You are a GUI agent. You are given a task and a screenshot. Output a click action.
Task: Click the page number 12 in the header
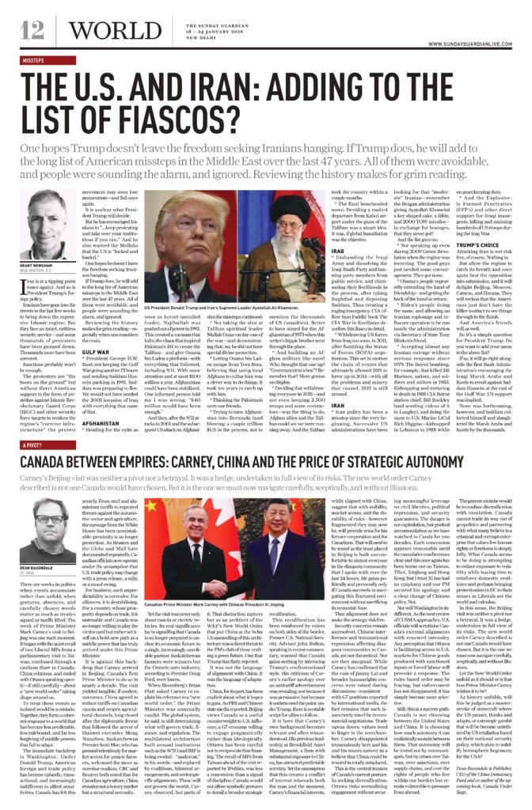[x=33, y=31]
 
